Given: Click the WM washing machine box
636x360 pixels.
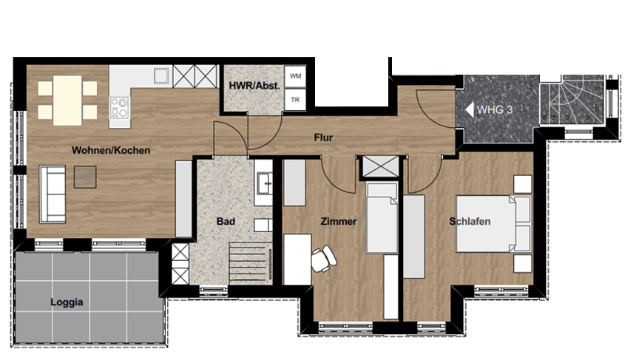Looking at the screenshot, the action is click(x=295, y=76).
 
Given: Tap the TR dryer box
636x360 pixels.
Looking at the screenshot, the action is click(x=295, y=100).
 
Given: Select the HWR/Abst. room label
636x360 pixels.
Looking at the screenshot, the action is click(x=254, y=86).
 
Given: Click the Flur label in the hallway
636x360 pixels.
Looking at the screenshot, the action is click(x=323, y=137).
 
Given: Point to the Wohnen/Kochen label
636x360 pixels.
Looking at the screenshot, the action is click(x=111, y=150).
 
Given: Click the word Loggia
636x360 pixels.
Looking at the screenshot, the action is click(x=67, y=302).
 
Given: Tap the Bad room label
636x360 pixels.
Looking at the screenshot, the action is click(x=226, y=221).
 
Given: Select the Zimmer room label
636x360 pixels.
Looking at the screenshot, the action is click(x=339, y=221).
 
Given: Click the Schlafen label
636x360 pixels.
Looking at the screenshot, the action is click(x=470, y=221).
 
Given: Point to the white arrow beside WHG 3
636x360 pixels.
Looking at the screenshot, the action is click(x=470, y=109).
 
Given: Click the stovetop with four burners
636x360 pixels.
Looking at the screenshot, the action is click(x=119, y=107).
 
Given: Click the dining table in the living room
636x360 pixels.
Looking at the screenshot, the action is click(x=68, y=100).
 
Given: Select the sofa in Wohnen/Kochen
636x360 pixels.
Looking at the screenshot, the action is click(x=53, y=194).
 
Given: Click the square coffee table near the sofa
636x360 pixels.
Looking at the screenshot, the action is click(x=85, y=177).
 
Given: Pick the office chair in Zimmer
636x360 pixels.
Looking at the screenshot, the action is click(x=323, y=259).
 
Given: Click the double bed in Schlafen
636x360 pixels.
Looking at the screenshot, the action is click(x=493, y=224).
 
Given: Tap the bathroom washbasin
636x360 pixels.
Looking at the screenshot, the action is click(x=264, y=183).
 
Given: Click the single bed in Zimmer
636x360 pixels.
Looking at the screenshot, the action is click(x=382, y=218).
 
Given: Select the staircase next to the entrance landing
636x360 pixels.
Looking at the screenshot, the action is click(x=572, y=100).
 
